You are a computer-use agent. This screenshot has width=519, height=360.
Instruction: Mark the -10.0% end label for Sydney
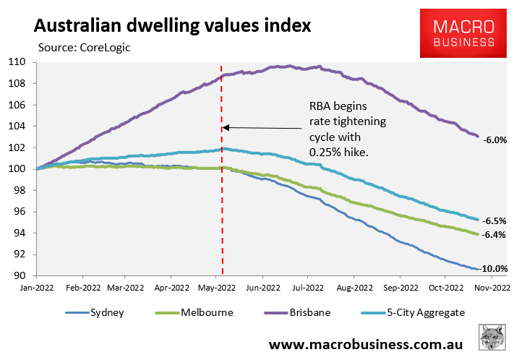point(494,268)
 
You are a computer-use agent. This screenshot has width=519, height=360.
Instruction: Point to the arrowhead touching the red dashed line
point(226,127)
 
